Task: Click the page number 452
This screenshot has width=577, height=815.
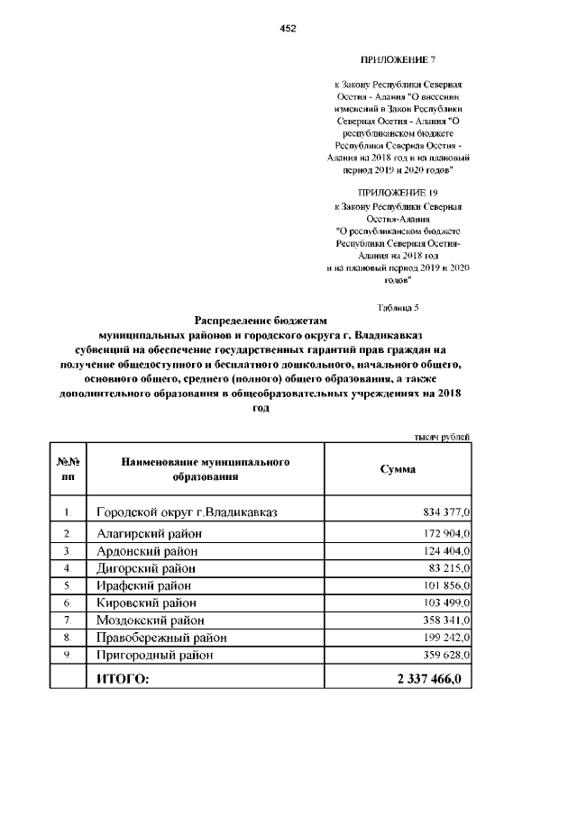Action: click(288, 28)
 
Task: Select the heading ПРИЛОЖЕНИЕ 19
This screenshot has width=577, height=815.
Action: click(398, 194)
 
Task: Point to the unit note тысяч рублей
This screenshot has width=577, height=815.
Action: click(442, 437)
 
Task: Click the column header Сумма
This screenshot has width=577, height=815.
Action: click(398, 469)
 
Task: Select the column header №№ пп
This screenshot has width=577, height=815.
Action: click(68, 469)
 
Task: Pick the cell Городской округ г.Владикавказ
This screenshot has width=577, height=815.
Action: click(187, 512)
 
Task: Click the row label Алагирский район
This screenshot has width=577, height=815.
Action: click(150, 534)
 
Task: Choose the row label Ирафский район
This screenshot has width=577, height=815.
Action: click(146, 585)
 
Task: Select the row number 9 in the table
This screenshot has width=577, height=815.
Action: click(67, 655)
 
